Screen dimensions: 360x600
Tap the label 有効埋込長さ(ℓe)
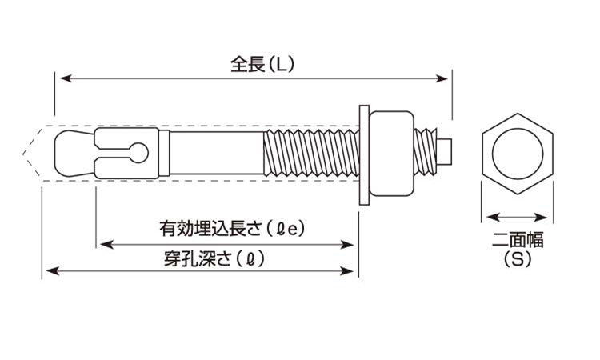coord(231,229)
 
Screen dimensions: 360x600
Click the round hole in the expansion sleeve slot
coord(141,151)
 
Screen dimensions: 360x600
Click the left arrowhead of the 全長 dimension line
coord(64,78)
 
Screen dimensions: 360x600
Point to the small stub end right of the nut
coord(447,150)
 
